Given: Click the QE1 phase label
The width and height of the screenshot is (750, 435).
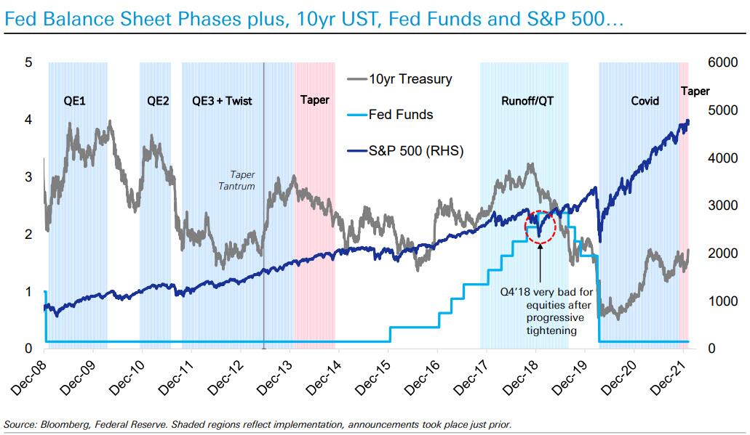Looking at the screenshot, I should (75, 101).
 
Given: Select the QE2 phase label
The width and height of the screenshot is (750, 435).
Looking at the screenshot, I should (158, 101).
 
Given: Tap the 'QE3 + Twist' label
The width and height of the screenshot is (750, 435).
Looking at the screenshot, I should (222, 101).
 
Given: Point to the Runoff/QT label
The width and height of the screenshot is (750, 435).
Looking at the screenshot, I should (527, 101).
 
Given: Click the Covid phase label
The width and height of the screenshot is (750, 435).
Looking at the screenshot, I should (645, 101).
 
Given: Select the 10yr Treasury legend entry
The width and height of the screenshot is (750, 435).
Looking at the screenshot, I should (410, 79).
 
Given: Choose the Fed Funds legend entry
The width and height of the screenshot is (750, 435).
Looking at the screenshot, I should (401, 115).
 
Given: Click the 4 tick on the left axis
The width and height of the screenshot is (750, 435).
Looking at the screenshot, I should (28, 120).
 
